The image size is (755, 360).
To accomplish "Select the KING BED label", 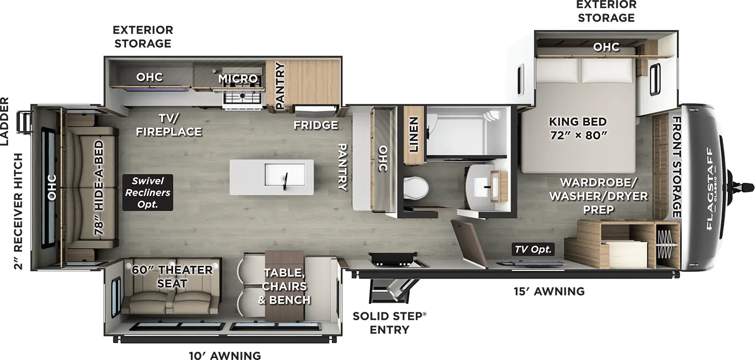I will (578, 128).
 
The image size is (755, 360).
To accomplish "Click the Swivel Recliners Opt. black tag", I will (148, 193).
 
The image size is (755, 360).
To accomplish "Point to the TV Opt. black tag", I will (533, 249).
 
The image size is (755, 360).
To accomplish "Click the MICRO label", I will (238, 78).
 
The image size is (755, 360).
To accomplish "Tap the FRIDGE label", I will (316, 125).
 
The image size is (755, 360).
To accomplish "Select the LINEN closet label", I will (414, 134).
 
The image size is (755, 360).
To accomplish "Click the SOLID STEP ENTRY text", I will (389, 323).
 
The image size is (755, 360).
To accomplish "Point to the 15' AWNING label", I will (549, 291).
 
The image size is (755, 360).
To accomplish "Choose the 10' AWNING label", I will (225, 355).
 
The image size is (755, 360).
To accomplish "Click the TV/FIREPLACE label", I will (169, 125).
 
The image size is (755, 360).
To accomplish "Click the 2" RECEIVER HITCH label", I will (18, 211).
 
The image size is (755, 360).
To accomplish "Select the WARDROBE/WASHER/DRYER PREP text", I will (598, 195).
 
